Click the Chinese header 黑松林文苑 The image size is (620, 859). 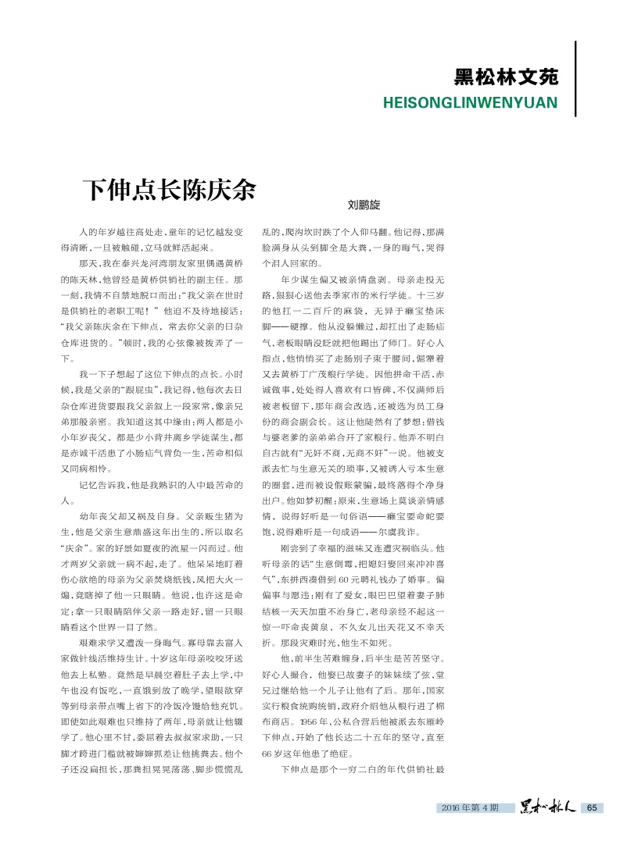click(x=506, y=77)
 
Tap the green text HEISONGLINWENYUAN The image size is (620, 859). click(x=470, y=102)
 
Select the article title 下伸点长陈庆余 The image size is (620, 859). click(x=170, y=190)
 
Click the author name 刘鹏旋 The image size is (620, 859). click(x=364, y=205)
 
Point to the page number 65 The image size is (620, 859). click(x=591, y=807)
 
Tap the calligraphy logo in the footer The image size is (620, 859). click(x=548, y=807)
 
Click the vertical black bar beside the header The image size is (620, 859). click(x=575, y=78)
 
